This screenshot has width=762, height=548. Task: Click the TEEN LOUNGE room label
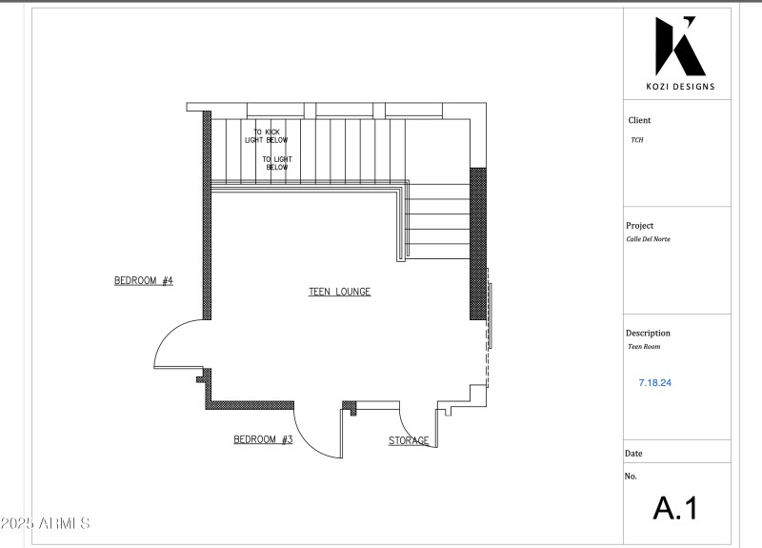point(339,292)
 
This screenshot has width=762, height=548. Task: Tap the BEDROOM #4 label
point(144,281)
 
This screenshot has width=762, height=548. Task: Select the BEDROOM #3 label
point(263,440)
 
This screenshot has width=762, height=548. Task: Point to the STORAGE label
point(409,441)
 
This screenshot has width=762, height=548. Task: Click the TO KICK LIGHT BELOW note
point(266,136)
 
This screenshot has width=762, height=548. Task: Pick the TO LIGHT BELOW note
point(276,163)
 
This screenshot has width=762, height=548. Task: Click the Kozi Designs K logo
point(680,47)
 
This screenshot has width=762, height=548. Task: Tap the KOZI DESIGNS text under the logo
point(680,88)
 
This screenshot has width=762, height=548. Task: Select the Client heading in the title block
point(639,121)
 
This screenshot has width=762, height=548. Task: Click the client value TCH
point(636,140)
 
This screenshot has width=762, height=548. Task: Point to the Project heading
point(640,226)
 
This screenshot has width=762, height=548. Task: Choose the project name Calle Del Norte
point(648,239)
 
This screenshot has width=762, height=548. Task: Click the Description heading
point(648,334)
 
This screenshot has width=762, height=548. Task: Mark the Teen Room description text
point(640,347)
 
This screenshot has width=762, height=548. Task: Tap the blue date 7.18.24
point(656,382)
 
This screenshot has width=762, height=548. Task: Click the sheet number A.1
point(675,508)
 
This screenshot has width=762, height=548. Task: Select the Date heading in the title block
point(633,454)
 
